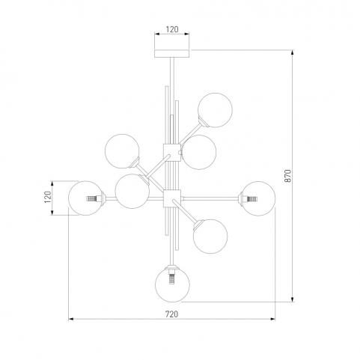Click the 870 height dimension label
click(288, 176)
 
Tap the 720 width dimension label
click(172, 314)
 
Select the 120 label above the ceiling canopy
click(172, 29)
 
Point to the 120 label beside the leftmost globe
click(48, 197)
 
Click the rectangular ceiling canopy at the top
click(172, 54)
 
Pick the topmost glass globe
click(215, 110)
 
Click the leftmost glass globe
click(86, 198)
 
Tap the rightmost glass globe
click(258, 198)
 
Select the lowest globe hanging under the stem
click(172, 284)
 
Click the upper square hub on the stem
click(172, 153)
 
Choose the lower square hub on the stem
click(172, 198)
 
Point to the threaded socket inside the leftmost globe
click(91, 198)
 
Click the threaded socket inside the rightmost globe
click(251, 199)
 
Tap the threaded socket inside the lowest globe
click(172, 279)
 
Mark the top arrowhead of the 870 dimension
click(293, 52)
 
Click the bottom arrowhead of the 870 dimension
click(293, 299)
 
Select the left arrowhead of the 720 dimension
click(71, 319)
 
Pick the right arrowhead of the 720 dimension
click(272, 319)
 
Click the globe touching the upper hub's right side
click(199, 152)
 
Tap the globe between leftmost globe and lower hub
click(132, 191)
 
